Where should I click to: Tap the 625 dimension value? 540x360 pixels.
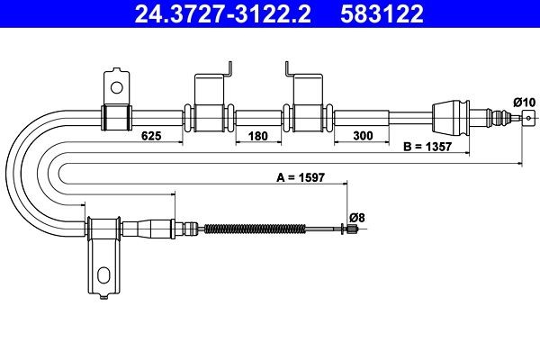point(151,137)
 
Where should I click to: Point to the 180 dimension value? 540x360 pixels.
point(258,137)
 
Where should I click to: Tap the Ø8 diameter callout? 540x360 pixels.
point(356,217)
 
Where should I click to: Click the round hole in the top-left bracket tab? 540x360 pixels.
point(115,86)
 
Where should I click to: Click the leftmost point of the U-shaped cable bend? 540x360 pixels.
point(7,171)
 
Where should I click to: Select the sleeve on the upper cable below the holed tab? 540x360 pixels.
point(114,117)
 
